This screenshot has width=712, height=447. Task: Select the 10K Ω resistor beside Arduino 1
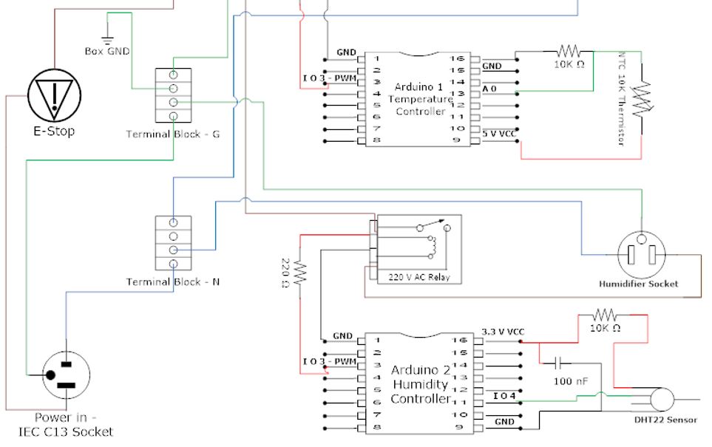point(569,51)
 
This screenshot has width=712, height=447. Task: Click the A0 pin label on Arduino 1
point(489,89)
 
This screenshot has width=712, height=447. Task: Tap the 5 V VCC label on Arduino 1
point(499,134)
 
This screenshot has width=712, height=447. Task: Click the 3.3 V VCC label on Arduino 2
point(502,332)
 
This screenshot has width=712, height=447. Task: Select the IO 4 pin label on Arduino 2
point(505,397)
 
